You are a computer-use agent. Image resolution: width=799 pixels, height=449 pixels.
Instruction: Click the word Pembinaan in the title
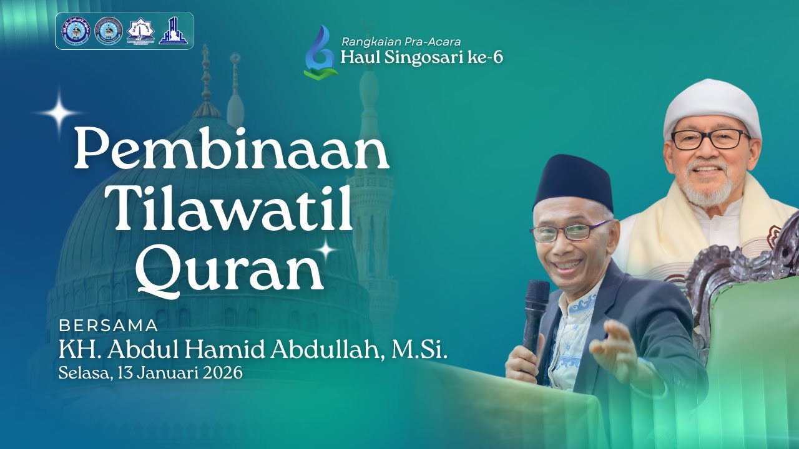tap(231, 150)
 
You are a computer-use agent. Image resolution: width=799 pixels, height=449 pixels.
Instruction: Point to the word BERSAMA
tap(108, 325)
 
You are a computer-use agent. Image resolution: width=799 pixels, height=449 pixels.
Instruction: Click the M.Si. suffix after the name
tap(419, 350)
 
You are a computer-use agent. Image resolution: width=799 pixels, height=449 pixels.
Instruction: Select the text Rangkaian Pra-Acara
tap(401, 42)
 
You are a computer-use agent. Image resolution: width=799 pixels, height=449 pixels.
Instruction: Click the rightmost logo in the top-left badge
tap(174, 31)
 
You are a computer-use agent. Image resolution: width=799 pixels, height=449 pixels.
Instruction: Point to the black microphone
tap(536, 312)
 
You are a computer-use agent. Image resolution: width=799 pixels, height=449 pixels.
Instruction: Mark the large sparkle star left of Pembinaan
tap(59, 112)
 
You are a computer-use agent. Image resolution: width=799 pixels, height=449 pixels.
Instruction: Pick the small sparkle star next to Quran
tap(326, 249)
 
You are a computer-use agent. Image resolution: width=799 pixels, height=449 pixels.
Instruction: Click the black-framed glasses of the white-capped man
tap(710, 139)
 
